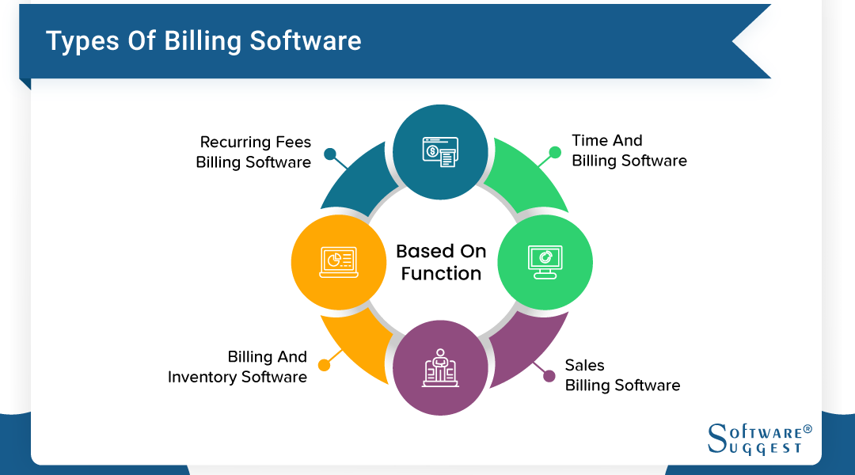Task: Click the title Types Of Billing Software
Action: click(203, 41)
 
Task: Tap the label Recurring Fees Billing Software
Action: click(253, 152)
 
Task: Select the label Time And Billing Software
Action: click(629, 150)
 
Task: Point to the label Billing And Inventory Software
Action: click(237, 367)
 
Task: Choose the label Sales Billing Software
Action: click(622, 375)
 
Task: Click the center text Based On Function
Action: click(441, 262)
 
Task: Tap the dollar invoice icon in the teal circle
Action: click(441, 152)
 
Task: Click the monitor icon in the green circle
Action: click(545, 262)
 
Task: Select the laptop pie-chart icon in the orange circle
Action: click(339, 262)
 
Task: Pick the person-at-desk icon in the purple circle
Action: click(441, 368)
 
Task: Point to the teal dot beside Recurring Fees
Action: click(330, 154)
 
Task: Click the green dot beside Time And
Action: click(554, 152)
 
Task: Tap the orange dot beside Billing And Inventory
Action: click(324, 365)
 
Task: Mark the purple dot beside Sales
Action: click(549, 376)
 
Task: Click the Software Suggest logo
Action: click(759, 439)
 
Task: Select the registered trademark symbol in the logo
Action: click(807, 429)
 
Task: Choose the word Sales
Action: click(584, 365)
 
